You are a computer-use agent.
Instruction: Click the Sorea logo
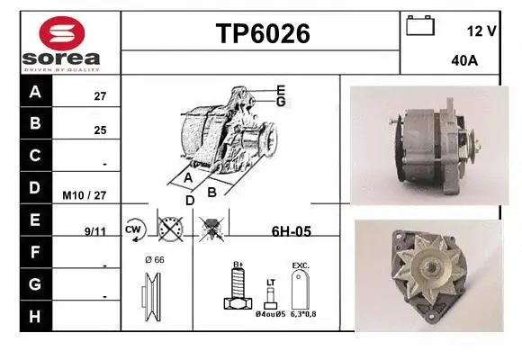pyautogui.click(x=61, y=42)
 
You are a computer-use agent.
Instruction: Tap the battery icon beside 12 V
pyautogui.click(x=420, y=25)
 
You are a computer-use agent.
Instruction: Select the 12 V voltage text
pyautogui.click(x=482, y=31)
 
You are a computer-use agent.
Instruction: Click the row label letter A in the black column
pyautogui.click(x=35, y=92)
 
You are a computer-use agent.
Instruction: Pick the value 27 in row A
pyautogui.click(x=99, y=95)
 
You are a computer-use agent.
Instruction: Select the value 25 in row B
pyautogui.click(x=99, y=130)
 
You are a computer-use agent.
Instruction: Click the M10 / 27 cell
pyautogui.click(x=85, y=193)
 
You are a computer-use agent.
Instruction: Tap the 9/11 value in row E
pyautogui.click(x=94, y=230)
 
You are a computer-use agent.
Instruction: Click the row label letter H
pyautogui.click(x=35, y=316)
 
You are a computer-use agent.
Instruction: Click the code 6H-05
pyautogui.click(x=291, y=231)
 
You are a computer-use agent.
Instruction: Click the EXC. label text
pyautogui.click(x=301, y=265)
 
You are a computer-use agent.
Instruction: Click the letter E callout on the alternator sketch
pyautogui.click(x=281, y=89)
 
